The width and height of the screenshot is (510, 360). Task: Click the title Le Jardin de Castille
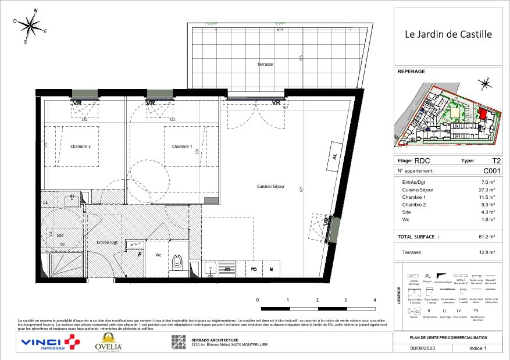click(x=448, y=34)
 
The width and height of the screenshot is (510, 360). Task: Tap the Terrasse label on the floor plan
click(x=265, y=65)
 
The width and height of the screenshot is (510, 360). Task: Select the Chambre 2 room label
click(x=80, y=147)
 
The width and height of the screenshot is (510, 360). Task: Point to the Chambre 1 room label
click(x=182, y=147)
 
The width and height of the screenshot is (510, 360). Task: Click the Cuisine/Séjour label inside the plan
click(x=270, y=186)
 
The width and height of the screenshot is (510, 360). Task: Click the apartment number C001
click(x=491, y=171)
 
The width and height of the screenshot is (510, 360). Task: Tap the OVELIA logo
click(x=108, y=344)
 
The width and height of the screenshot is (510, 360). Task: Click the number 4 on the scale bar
click(x=374, y=300)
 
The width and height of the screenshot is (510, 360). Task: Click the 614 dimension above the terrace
click(x=279, y=30)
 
